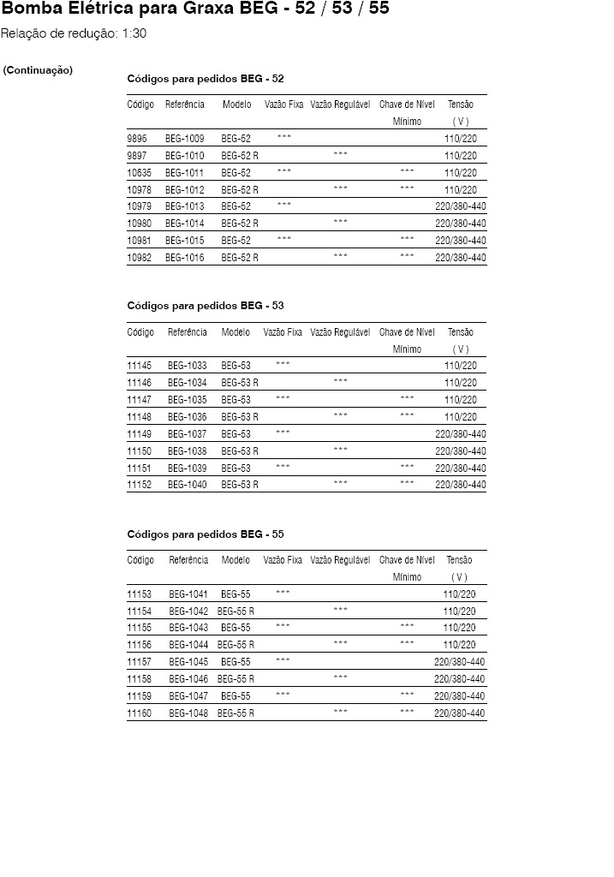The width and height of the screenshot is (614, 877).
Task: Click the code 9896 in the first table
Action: pos(137,138)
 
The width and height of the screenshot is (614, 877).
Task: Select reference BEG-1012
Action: pos(184,189)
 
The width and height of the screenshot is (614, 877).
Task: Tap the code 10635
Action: pos(140,172)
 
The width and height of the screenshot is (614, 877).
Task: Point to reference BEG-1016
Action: pos(184,258)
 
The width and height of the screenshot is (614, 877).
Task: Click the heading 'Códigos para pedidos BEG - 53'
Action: pos(206,306)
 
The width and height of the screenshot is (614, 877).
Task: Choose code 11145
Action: pos(140,366)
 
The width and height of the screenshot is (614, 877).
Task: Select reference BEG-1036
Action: pos(187,417)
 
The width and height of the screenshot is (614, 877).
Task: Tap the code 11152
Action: pos(140,485)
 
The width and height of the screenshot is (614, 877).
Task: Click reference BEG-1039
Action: pos(187,468)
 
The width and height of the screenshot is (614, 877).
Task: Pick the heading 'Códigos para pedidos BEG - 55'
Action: pos(206,534)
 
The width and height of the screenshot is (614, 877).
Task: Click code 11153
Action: pos(140,594)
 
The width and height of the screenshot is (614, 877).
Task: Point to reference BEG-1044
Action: pos(188,645)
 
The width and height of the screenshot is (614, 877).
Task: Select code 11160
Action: pos(140,713)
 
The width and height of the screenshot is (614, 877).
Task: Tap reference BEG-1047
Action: pos(188,696)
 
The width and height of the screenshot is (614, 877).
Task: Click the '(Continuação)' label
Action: pos(38,70)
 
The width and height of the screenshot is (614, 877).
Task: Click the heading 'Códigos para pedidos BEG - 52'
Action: pos(206,79)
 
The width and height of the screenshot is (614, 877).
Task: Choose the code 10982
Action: pos(140,258)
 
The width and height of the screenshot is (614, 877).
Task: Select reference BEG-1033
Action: pos(187,366)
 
